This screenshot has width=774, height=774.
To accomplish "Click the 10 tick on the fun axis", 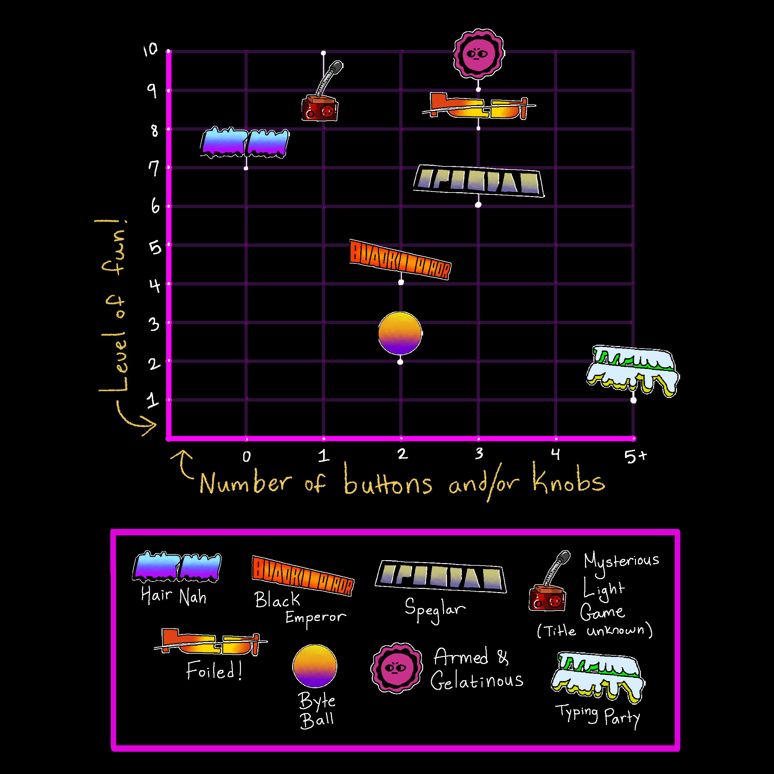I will pyautogui.click(x=151, y=50).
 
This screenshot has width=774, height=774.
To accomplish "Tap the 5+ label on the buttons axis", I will pyautogui.click(x=635, y=456).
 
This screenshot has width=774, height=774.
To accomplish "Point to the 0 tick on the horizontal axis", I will pyautogui.click(x=246, y=456).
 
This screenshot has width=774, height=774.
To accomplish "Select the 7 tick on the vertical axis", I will pyautogui.click(x=154, y=168).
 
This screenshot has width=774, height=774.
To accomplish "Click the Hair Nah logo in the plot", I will pyautogui.click(x=244, y=143).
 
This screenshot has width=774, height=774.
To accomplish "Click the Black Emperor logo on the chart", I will pyautogui.click(x=400, y=260).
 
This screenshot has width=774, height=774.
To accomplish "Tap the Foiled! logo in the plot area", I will pyautogui.click(x=479, y=106).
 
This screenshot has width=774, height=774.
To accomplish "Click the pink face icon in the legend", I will pyautogui.click(x=396, y=668).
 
